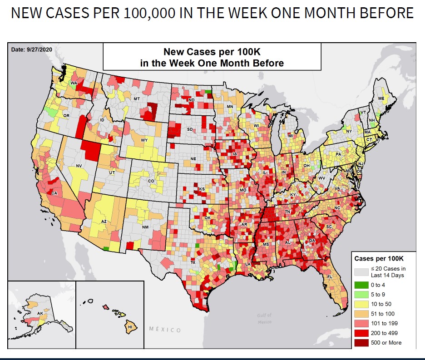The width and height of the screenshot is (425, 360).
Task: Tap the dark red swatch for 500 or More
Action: (361, 342)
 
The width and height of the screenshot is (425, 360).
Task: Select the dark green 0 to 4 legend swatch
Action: (361, 285)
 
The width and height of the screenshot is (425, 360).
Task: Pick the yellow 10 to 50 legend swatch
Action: (361, 304)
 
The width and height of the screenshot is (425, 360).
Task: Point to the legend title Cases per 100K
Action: (378, 258)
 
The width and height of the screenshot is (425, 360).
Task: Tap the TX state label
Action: (193, 263)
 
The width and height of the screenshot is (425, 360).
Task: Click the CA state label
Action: (54, 193)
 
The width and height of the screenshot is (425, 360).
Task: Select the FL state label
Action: (330, 276)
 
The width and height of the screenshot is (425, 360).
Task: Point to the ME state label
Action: (381, 98)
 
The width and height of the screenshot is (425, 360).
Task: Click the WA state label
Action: (74, 84)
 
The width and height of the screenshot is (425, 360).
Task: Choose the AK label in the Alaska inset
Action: (40, 313)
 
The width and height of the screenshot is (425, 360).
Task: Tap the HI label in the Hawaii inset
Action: (130, 326)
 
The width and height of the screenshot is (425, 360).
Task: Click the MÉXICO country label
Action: (165, 330)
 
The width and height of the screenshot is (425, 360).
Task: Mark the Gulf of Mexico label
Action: (264, 318)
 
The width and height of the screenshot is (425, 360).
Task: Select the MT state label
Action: (136, 99)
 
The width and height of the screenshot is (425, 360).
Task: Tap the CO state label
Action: (151, 181)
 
